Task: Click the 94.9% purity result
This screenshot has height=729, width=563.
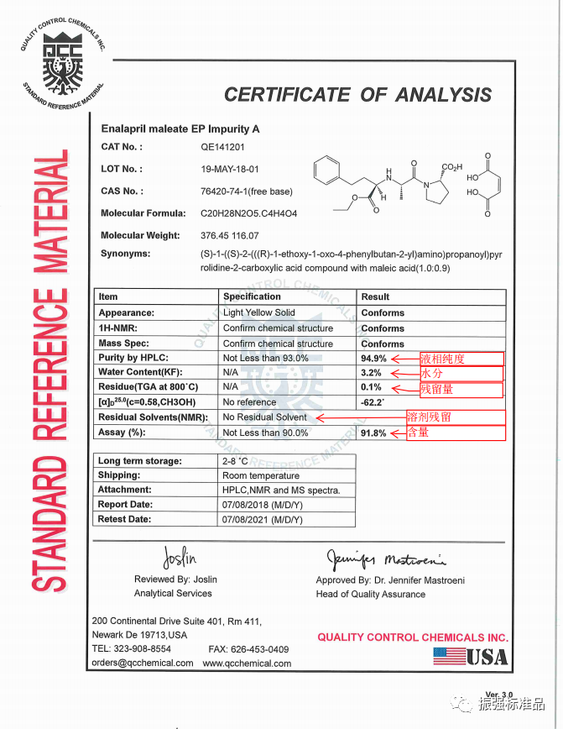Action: pos(373,359)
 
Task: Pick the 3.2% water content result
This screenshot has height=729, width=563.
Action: pos(371,373)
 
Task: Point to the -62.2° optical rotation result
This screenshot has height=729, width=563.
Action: pos(373,402)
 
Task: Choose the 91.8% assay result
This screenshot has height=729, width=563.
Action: pos(373,433)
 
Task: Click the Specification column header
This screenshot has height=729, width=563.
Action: pos(252,296)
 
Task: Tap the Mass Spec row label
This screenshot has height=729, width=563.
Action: pos(123,344)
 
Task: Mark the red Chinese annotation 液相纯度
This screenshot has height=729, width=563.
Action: pos(442,359)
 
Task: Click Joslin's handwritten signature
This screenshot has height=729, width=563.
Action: pos(180,557)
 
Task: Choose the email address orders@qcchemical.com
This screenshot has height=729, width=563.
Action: pos(142,663)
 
